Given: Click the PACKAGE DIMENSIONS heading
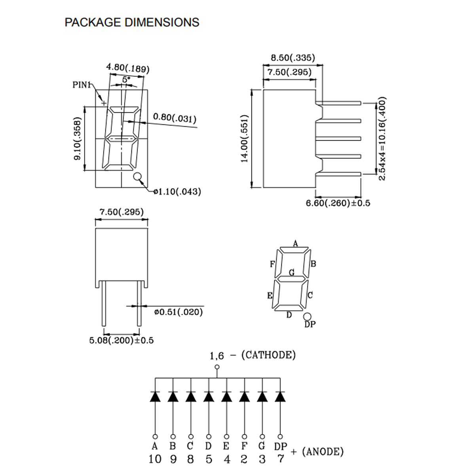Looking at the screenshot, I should tap(132, 22).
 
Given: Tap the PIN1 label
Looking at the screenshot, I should tap(82, 85).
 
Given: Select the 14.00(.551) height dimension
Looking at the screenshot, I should tap(244, 139).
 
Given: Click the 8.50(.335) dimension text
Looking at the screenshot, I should tap(293, 58).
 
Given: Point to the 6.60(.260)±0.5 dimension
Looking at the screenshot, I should tap(338, 203).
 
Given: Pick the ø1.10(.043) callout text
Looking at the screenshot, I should tap(177, 192).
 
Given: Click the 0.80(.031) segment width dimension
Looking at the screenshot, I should tap(175, 118).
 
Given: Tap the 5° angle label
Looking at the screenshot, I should tap(126, 80).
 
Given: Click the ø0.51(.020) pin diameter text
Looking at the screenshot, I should tap(179, 312).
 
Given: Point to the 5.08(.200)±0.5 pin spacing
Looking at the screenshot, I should tap(121, 340).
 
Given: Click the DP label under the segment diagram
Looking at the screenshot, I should tap(310, 324).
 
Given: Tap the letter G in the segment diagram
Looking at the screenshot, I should tap(292, 272).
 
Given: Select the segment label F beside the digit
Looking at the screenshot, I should tap(272, 264).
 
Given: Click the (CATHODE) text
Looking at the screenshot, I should tap(269, 355).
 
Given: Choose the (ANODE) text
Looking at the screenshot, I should tap(322, 451).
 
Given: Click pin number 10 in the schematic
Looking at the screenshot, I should tap(155, 459).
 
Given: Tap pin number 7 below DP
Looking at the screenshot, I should tap(281, 459).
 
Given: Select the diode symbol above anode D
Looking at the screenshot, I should tap(209, 396).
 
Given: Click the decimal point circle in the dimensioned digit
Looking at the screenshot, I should tap(137, 177).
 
